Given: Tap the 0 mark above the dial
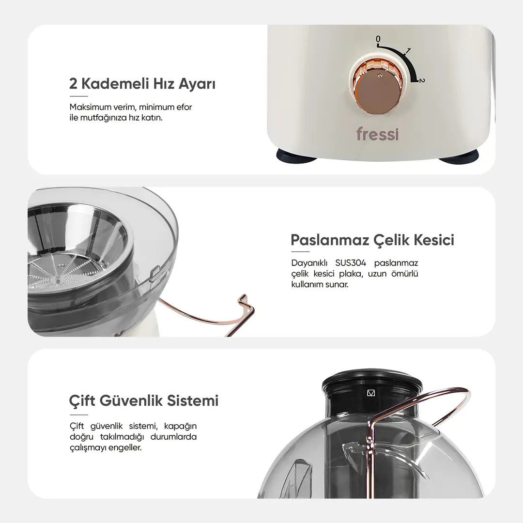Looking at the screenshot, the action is click(x=378, y=39).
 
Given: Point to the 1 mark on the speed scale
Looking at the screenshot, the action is click(x=408, y=51).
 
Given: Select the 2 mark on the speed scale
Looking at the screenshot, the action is click(x=422, y=80).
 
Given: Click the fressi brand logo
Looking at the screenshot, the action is click(x=377, y=134).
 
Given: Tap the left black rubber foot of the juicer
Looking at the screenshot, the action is click(x=297, y=155).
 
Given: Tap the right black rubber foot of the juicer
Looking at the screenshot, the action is click(x=459, y=156).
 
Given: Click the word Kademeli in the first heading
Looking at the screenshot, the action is click(x=115, y=83).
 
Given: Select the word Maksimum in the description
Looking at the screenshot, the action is click(x=91, y=107).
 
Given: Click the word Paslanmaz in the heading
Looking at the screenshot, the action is click(x=330, y=240).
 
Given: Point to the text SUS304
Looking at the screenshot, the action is click(x=351, y=263).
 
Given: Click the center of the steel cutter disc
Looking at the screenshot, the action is click(x=61, y=266).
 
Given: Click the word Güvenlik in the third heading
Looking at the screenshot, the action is click(x=133, y=400).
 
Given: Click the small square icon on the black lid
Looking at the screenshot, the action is click(x=371, y=393).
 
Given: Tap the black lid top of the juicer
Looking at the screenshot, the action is click(x=372, y=377).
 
